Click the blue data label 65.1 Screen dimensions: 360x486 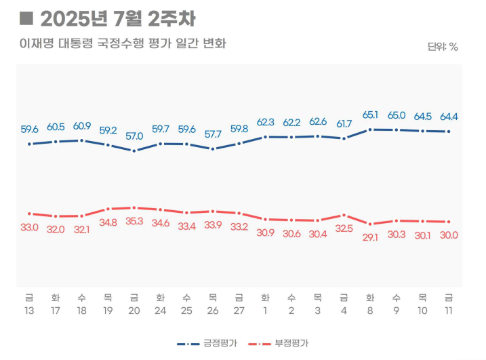tap(370, 115)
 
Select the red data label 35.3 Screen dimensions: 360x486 tap(134, 221)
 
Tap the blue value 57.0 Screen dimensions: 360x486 tap(134, 136)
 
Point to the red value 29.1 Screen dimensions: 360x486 tap(370, 237)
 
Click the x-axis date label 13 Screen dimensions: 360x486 tap(29, 310)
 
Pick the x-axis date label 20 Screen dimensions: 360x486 tap(134, 310)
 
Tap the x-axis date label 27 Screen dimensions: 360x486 tap(239, 310)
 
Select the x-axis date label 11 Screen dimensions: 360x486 tap(449, 310)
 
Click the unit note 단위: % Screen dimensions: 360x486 tap(443, 47)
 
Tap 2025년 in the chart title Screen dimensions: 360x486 tap(69, 18)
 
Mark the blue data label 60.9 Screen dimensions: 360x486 tap(82, 126)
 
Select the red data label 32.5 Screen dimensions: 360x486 tap(344, 228)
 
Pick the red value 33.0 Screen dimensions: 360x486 tap(29, 227)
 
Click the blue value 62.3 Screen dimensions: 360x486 tap(265, 123)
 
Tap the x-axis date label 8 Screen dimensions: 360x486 tap(370, 310)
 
